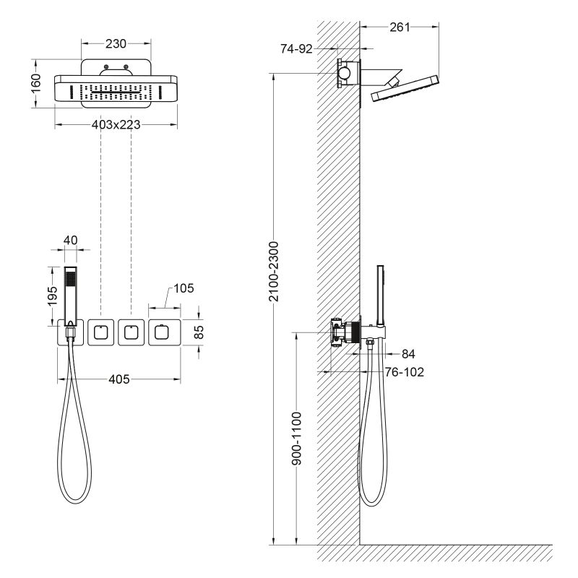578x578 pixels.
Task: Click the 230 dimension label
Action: pyautogui.click(x=116, y=44)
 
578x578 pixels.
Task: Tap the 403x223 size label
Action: pyautogui.click(x=116, y=124)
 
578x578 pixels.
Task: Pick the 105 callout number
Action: pyautogui.click(x=184, y=288)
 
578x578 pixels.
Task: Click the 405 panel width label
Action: pyautogui.click(x=118, y=379)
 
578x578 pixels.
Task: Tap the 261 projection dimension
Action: pyautogui.click(x=399, y=27)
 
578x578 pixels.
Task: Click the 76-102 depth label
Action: pyautogui.click(x=404, y=372)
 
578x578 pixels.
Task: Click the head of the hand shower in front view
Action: pyautogui.click(x=70, y=278)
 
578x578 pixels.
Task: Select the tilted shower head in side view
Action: pyautogui.click(x=405, y=88)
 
